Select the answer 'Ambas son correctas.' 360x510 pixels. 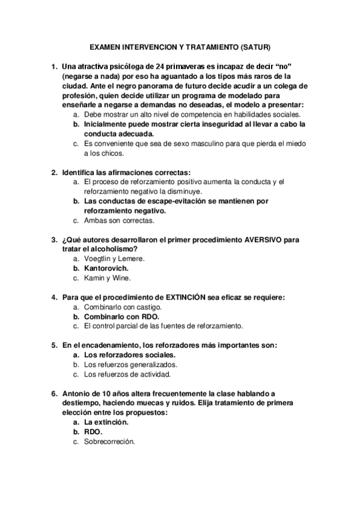[114, 221]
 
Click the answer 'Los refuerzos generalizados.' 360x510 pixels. [130, 364]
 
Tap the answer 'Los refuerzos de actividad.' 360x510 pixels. [127, 374]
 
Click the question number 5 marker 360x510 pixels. [53, 345]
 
